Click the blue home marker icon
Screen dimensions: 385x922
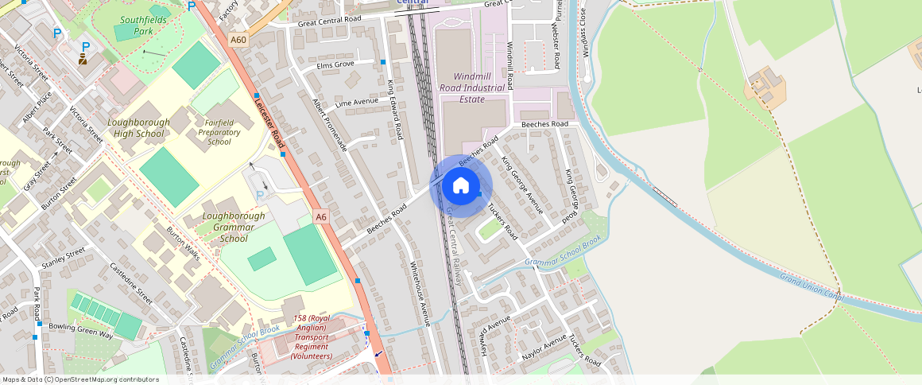(x=461, y=186)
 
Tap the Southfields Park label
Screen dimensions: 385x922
(x=132, y=25)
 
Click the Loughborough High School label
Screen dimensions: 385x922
(x=138, y=128)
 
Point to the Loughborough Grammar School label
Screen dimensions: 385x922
(x=234, y=227)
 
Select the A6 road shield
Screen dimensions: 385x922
(x=321, y=216)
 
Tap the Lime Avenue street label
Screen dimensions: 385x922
(x=357, y=103)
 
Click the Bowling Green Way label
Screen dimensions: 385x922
(x=81, y=331)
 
